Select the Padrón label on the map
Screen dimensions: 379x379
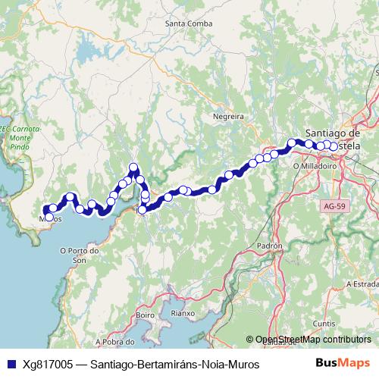(x=269, y=246)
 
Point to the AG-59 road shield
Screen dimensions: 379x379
(x=332, y=205)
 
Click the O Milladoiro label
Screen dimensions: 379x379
(x=315, y=164)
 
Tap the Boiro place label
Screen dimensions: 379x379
(x=145, y=314)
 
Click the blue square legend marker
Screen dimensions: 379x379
(x=10, y=365)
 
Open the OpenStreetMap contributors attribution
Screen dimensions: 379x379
(x=313, y=340)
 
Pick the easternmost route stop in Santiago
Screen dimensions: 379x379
(x=334, y=146)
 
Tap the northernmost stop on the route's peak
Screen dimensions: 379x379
(x=133, y=168)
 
